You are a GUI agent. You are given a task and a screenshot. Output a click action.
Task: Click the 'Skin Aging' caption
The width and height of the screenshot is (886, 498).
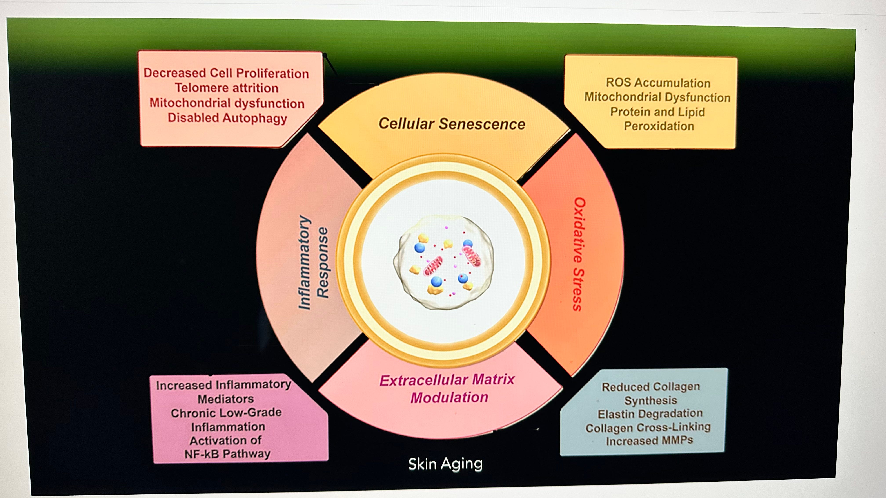[445, 464]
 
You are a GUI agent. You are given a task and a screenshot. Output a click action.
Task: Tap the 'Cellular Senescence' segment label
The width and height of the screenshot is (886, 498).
[452, 124]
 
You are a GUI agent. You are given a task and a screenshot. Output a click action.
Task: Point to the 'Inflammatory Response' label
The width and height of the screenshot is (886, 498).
[313, 263]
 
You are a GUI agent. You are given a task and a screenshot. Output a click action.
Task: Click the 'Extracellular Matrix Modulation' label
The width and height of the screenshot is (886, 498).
[447, 389]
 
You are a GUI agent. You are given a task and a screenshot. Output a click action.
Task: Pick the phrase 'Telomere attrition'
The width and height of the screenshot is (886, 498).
[226, 88]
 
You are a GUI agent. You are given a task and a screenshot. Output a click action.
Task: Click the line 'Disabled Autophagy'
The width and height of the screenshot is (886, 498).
[227, 118]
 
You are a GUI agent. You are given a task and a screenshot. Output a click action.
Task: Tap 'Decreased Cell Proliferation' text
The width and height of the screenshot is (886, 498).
[226, 73]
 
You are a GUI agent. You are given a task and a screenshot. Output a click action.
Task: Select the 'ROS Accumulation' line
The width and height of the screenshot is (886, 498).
[658, 83]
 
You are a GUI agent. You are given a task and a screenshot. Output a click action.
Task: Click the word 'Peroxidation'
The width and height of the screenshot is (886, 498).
[659, 126]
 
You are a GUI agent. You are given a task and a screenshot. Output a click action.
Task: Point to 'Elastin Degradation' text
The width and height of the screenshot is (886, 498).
[650, 414]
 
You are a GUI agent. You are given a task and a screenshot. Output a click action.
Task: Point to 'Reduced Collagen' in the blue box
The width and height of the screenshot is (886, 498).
[650, 387]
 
